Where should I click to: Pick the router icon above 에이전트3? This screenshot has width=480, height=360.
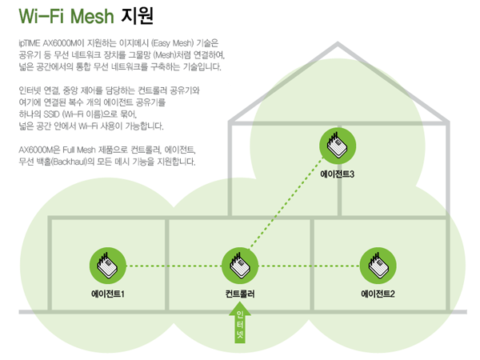(x=337, y=145)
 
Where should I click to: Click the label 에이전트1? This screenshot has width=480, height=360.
(x=107, y=294)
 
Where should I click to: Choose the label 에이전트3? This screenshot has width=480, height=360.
(x=337, y=173)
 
